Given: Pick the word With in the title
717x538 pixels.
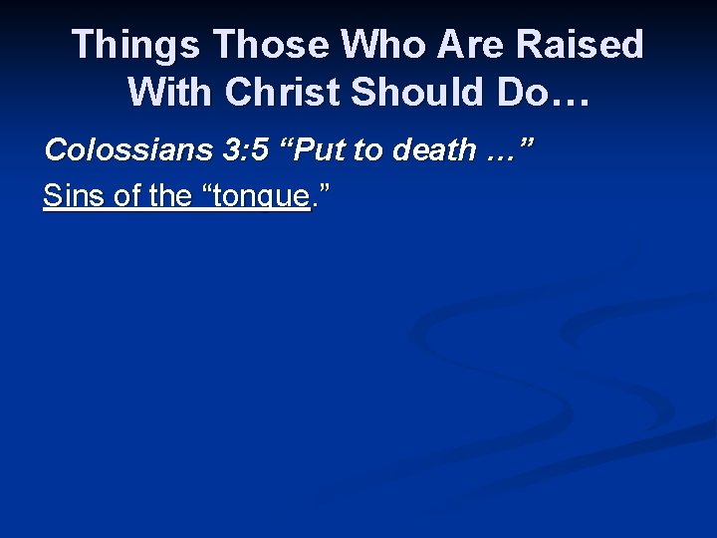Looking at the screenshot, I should click(170, 93).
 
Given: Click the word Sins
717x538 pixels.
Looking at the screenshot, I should click(74, 196).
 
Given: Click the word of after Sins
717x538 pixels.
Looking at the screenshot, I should click(126, 196).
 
